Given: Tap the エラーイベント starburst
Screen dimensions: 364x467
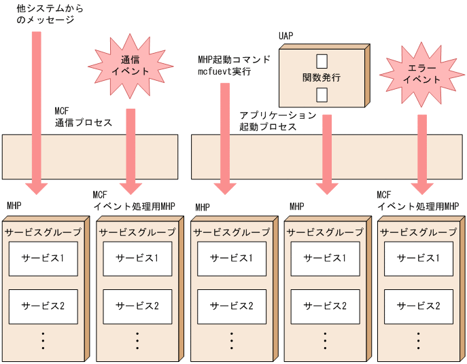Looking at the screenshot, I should pyautogui.click(x=421, y=74).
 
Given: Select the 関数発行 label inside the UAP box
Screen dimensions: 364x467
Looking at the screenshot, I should pyautogui.click(x=322, y=77).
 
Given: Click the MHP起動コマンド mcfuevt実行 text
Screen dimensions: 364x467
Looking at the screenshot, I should pyautogui.click(x=233, y=65).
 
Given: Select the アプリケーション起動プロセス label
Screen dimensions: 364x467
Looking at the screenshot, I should pyautogui.click(x=277, y=121).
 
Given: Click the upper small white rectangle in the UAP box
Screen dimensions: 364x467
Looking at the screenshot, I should pyautogui.click(x=322, y=61).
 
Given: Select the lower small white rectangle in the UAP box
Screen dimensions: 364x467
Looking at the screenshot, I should pyautogui.click(x=322, y=94).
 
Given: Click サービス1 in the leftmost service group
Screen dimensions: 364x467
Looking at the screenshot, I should pyautogui.click(x=43, y=258).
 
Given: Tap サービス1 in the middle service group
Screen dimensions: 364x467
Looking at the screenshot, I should pyautogui.click(x=230, y=258).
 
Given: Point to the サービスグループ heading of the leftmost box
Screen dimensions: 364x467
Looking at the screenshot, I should pyautogui.click(x=43, y=232).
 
